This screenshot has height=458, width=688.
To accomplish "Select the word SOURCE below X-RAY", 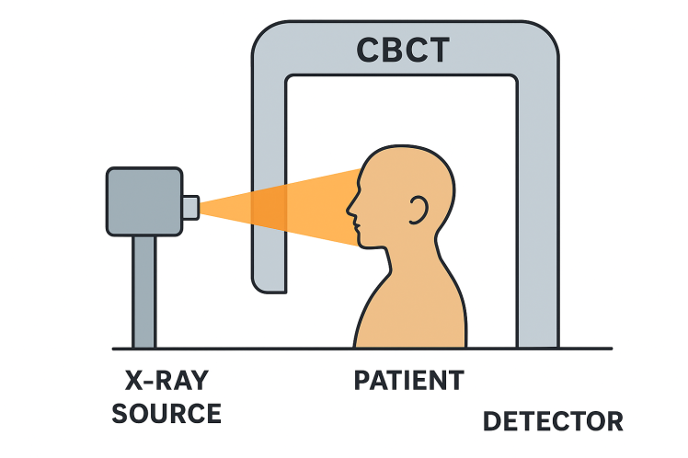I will [x=166, y=413].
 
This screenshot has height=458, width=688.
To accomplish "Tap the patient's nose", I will [x=350, y=211].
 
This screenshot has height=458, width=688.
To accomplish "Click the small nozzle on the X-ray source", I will [x=190, y=207].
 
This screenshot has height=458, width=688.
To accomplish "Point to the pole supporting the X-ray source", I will [x=143, y=291].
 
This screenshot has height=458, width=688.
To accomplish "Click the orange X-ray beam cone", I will [x=276, y=208].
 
